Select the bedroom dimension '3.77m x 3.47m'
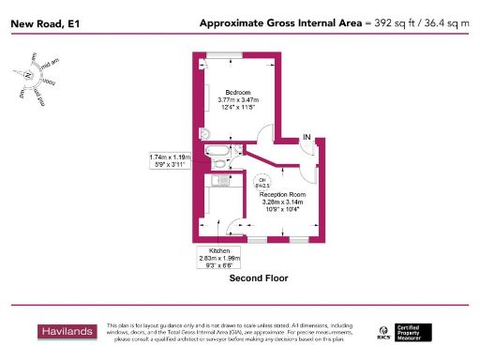[x=235, y=100]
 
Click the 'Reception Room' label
[x=282, y=194]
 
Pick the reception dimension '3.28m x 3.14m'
[x=282, y=202]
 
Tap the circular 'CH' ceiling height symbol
[x=262, y=182]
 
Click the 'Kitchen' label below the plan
[x=218, y=250]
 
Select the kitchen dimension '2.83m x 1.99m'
[x=219, y=258]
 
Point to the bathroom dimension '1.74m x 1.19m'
[x=170, y=157]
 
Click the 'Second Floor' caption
[x=258, y=278]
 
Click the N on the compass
[x=29, y=75]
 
